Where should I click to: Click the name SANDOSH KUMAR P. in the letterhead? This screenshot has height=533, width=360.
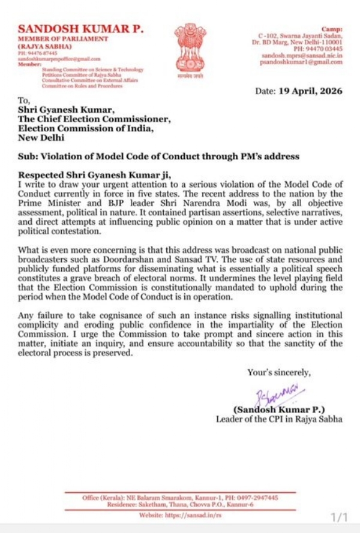80,29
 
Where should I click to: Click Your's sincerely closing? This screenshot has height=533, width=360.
279,373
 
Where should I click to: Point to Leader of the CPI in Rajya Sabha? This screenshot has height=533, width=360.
279,419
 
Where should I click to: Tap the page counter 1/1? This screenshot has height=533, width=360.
340,517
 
